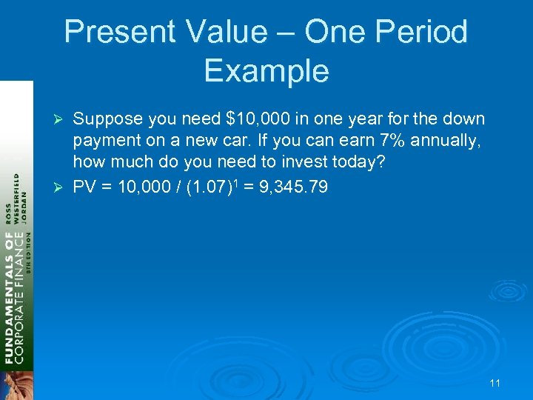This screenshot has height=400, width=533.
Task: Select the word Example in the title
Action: click(x=266, y=71)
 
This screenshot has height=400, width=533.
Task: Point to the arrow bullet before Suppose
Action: click(x=62, y=120)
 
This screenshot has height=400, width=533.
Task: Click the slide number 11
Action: click(x=495, y=383)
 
